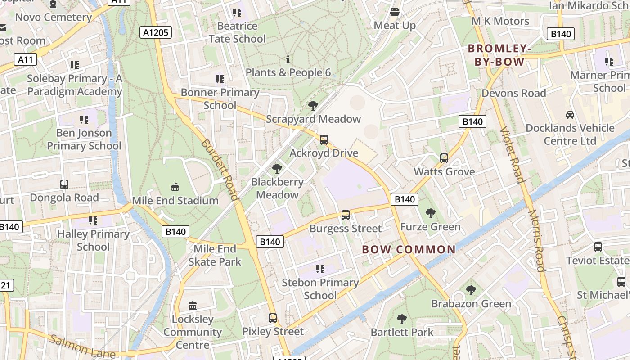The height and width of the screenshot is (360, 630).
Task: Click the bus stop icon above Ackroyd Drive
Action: [324, 139]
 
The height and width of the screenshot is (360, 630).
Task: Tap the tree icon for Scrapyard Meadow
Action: [313, 106]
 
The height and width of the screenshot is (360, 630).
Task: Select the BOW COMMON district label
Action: [409, 249]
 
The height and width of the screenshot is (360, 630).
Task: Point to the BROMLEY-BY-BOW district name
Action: [499, 55]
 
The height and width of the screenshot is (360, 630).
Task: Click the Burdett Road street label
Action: [219, 169]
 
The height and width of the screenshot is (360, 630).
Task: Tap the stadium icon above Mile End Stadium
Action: [175, 187]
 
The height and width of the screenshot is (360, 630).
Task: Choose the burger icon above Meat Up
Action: [395, 12]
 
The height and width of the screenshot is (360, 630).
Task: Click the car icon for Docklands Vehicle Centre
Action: [570, 114]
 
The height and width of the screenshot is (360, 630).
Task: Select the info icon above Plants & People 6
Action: [288, 59]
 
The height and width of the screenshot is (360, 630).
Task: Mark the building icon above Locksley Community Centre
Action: [193, 306]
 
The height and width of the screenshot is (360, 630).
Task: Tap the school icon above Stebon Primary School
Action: [320, 269]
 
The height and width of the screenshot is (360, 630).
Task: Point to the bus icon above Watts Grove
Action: [444, 158]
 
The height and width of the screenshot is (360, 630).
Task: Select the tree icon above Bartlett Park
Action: [402, 319]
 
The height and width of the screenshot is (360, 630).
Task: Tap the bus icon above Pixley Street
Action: [272, 318]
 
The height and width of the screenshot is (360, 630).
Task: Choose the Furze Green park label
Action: [430, 227]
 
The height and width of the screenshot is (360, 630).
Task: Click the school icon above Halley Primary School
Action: [93, 220]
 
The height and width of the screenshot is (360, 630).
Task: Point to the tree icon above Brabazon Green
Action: [471, 290]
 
